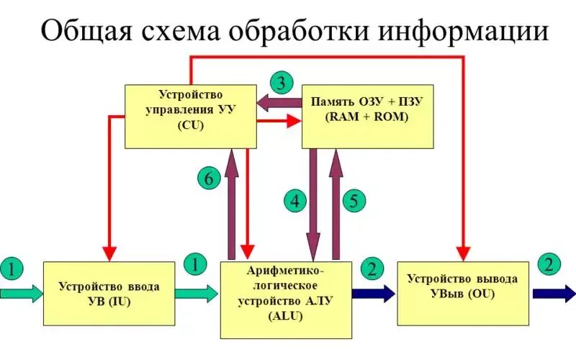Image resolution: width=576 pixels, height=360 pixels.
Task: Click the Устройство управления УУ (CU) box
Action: pyautogui.click(x=191, y=115)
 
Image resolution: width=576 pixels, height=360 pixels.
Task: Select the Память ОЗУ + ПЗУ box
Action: pyautogui.click(x=367, y=115)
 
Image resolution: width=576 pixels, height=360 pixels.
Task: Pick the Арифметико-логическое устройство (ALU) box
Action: pyautogui.click(x=286, y=300)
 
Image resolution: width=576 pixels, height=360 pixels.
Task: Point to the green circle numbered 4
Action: pyautogui.click(x=294, y=201)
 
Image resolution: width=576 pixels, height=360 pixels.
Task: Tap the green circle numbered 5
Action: pyautogui.click(x=353, y=201)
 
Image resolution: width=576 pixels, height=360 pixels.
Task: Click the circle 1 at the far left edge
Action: pyautogui.click(x=12, y=269)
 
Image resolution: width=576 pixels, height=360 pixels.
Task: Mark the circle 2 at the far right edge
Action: pyautogui.click(x=550, y=264)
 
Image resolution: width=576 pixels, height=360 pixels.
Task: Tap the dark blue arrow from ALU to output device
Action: pyautogui.click(x=374, y=292)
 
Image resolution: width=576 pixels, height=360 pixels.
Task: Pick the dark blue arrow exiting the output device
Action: pyautogui.click(x=554, y=292)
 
